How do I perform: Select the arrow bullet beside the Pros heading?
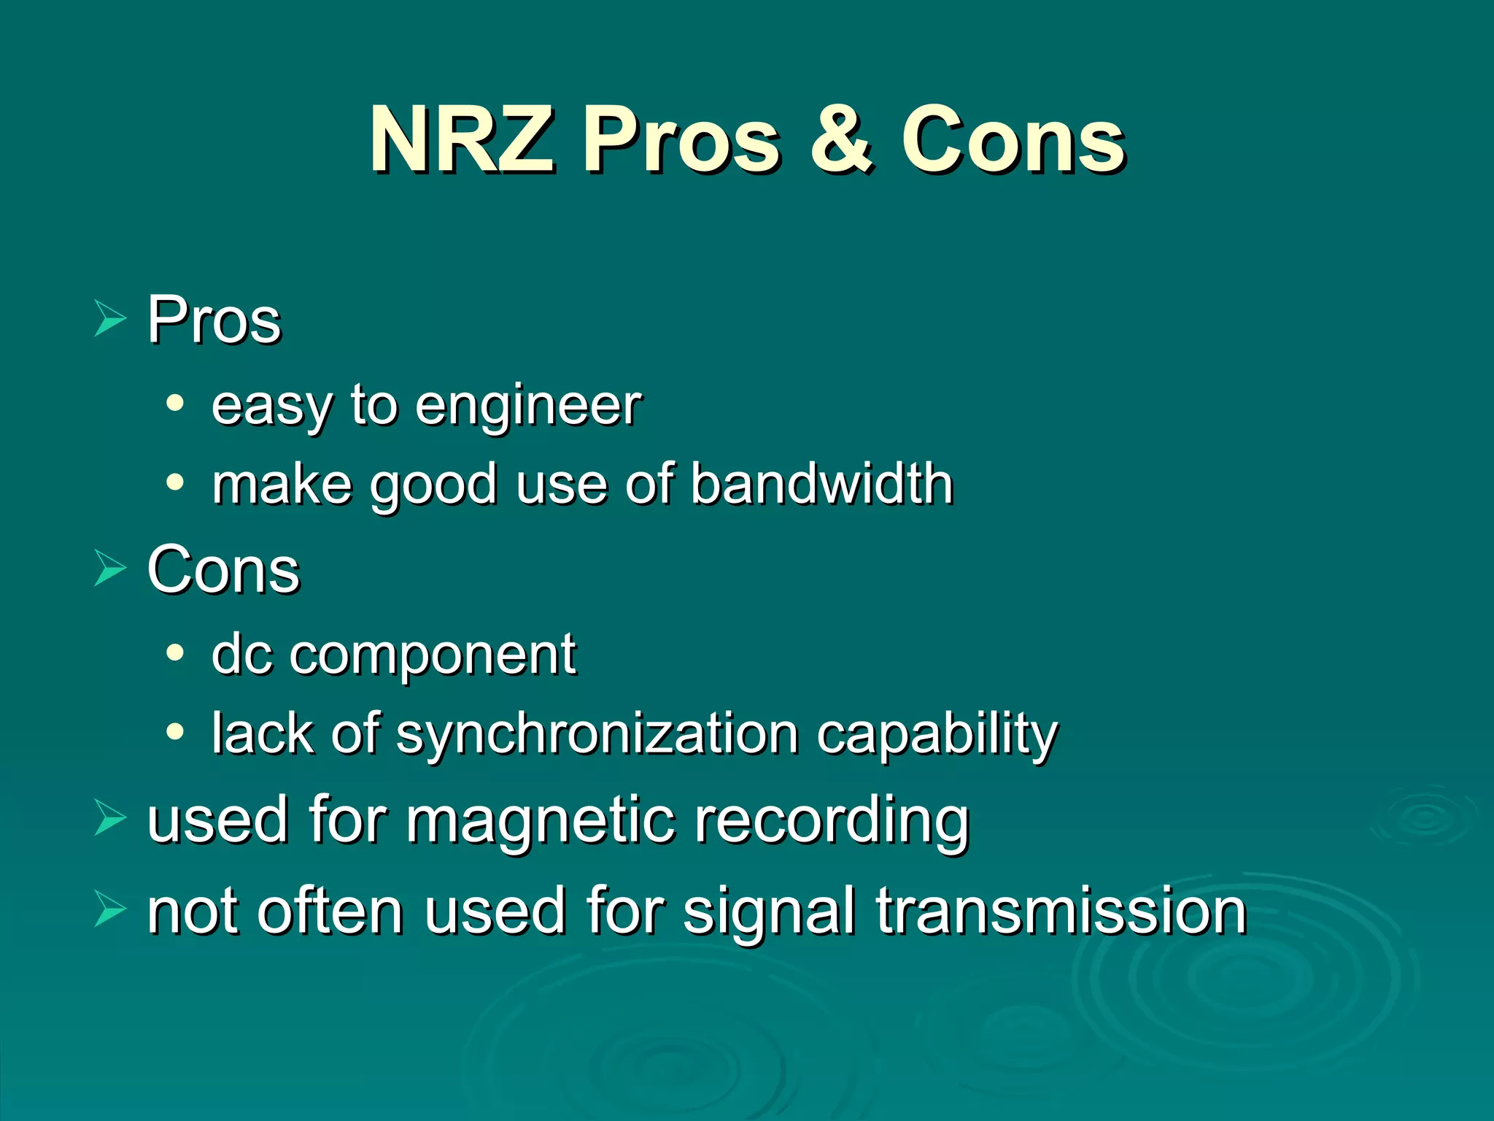tap(109, 320)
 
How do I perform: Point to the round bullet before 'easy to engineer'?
tap(174, 403)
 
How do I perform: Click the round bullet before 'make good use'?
tap(174, 482)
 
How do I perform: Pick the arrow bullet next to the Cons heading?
tap(109, 570)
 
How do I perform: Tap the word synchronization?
tap(597, 734)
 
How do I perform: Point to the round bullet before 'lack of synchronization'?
tap(174, 731)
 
